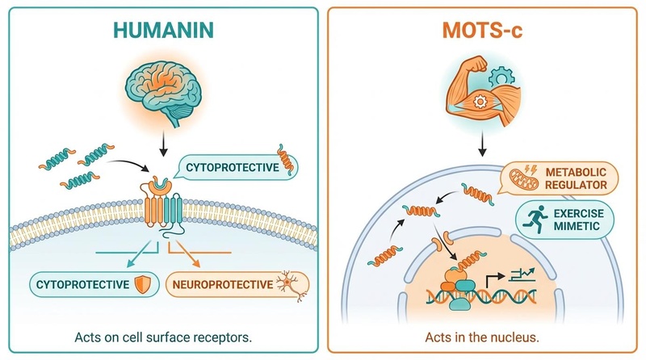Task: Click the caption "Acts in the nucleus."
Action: coord(483,337)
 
